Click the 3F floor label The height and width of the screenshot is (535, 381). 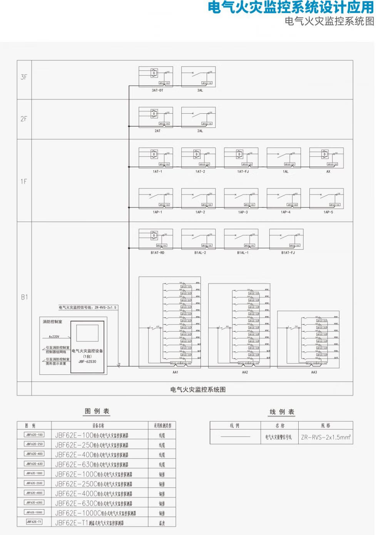(24, 77)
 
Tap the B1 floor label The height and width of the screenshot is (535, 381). (24, 297)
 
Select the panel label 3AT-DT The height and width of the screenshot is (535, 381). (157, 91)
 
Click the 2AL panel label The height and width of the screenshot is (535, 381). (200, 131)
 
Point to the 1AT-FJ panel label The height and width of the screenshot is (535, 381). (243, 172)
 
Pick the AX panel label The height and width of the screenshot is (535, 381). (328, 172)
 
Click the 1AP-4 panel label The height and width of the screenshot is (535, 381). (286, 212)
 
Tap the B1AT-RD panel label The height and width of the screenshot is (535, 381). (157, 253)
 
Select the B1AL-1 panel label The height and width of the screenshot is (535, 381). (243, 253)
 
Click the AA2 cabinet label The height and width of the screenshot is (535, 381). (245, 372)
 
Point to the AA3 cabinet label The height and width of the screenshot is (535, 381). (314, 372)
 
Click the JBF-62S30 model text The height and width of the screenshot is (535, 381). (87, 362)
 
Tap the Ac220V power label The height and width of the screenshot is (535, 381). (54, 337)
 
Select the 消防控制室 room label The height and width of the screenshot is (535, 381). (52, 322)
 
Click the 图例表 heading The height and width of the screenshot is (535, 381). (97, 411)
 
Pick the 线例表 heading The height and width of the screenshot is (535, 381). (282, 412)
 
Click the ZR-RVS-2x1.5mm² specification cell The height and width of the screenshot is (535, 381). (326, 437)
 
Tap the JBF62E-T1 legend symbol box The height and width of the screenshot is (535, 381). (34, 522)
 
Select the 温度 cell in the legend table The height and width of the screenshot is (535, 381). (162, 523)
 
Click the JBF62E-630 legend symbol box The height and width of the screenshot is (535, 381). (34, 464)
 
